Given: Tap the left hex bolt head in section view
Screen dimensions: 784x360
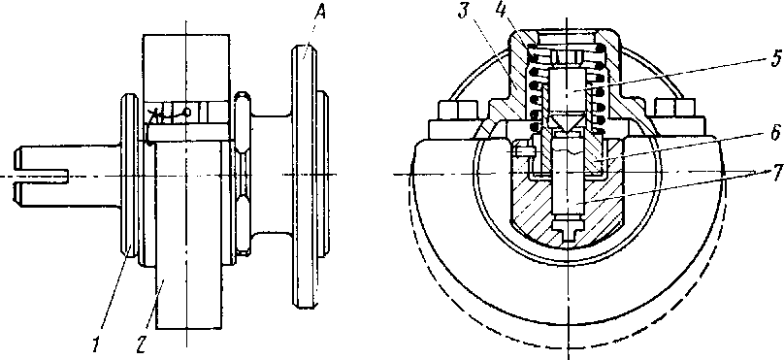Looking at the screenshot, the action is click(458, 110).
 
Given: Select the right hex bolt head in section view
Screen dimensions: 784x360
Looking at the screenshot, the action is click(674, 110).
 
